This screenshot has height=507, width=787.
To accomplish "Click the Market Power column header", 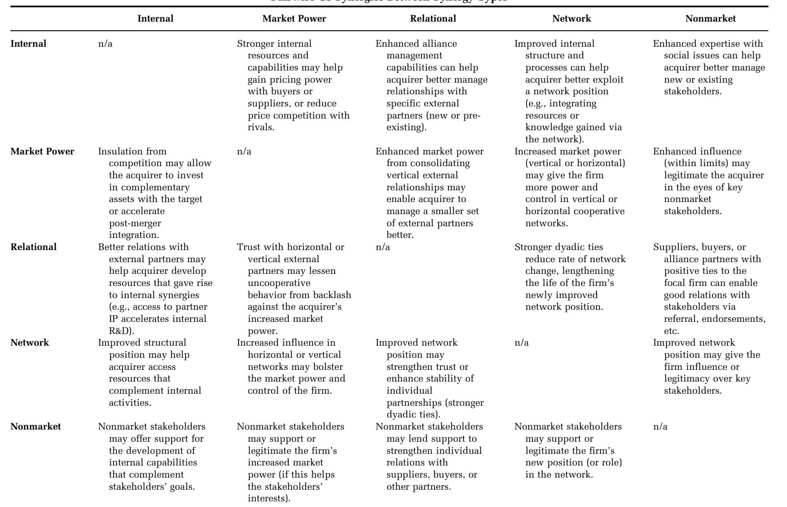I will [x=294, y=19].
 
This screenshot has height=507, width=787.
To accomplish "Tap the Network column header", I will [x=572, y=19].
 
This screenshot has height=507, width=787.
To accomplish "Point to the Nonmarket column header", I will [x=710, y=19].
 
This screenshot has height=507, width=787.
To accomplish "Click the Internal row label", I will [x=28, y=44].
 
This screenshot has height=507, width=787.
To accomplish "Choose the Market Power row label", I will [x=42, y=151].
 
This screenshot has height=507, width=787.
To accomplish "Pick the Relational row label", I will [x=33, y=247].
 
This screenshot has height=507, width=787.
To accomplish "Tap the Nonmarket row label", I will [x=35, y=427].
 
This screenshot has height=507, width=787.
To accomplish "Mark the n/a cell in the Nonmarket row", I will [x=660, y=427].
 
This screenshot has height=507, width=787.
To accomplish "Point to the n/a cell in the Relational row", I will [x=383, y=247].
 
